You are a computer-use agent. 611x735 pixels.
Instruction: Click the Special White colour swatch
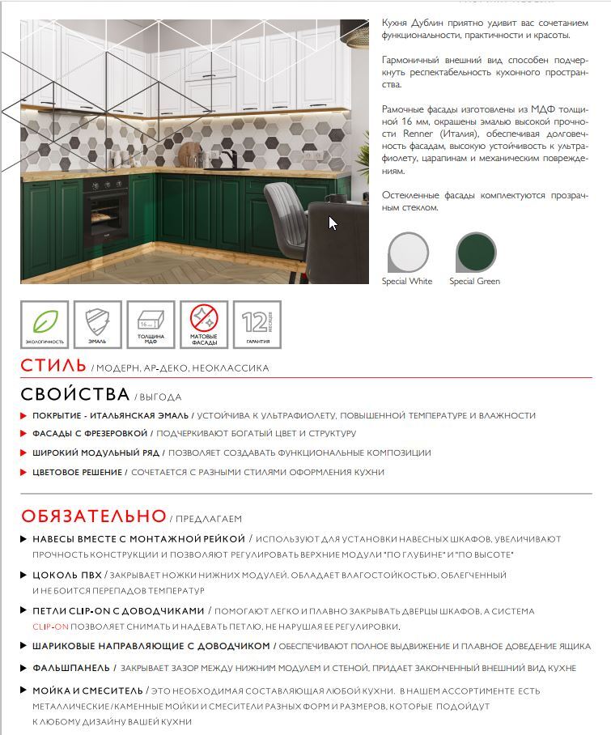point(408,253)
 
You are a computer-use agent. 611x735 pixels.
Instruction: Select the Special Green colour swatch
point(476,253)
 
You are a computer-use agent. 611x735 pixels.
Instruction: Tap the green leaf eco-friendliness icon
point(45,323)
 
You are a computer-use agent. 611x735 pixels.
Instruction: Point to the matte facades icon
point(205,323)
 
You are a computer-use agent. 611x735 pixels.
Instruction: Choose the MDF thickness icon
point(151,323)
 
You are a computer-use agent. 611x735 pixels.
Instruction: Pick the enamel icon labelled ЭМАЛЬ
point(98,323)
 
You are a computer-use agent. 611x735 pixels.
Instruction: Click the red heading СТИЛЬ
point(53,365)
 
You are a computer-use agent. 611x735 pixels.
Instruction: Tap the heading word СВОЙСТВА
point(75,394)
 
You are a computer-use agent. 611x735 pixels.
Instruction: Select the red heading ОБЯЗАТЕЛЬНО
point(93,516)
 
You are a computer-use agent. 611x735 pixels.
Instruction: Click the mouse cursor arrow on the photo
point(333,223)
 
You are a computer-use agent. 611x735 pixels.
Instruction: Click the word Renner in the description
point(396,133)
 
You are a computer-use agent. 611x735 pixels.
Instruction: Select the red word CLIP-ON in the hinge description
point(47,627)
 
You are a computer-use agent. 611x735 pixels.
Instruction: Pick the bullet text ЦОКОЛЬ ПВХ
point(67,575)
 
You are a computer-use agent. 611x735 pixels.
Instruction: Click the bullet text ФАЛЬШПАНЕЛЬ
point(70,668)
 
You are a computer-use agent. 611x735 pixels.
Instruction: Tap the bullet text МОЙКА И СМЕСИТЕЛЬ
point(87,691)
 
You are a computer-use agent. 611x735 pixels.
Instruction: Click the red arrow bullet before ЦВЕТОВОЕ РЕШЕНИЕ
point(23,472)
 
